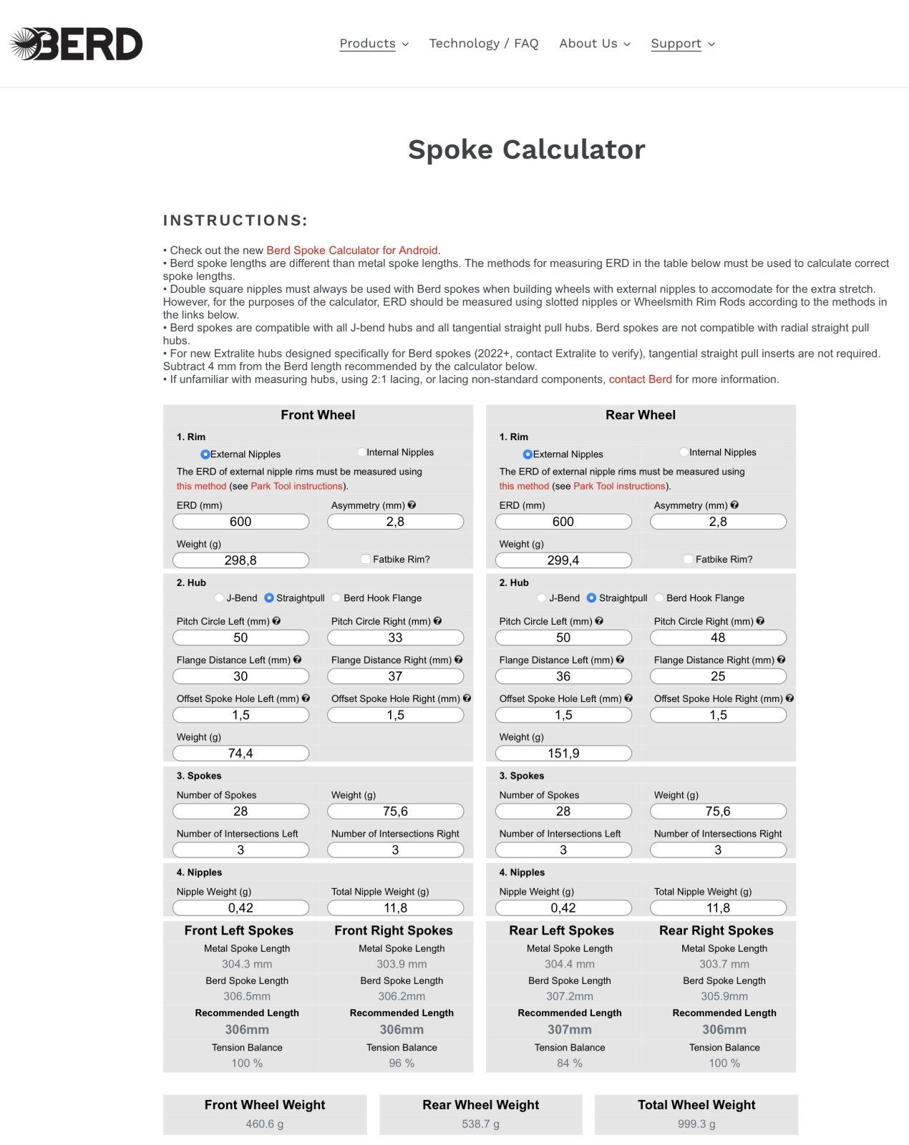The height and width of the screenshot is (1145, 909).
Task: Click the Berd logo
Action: click(x=77, y=44)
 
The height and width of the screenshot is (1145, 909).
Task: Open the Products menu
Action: click(x=374, y=44)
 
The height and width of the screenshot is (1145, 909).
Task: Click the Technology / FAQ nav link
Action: click(x=483, y=44)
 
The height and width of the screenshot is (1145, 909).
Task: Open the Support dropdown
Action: click(x=682, y=44)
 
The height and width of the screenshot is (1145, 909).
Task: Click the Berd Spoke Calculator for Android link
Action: click(x=351, y=250)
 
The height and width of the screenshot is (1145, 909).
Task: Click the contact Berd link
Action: click(x=640, y=379)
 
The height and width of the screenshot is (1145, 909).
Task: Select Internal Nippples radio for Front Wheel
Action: click(x=361, y=452)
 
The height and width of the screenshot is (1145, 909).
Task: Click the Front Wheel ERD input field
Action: click(x=240, y=522)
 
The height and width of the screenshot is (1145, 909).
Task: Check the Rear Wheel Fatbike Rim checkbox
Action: click(x=688, y=560)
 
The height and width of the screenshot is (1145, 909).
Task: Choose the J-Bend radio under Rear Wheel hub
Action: click(x=542, y=598)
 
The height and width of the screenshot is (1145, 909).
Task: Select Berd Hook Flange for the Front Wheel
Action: click(x=336, y=598)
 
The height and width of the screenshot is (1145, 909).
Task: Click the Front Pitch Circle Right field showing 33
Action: click(x=395, y=638)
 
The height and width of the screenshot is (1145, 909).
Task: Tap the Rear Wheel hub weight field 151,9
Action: click(x=563, y=754)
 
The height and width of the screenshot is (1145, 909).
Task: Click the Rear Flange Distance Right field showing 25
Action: click(x=718, y=676)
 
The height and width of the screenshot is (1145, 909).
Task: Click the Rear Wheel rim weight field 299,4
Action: click(x=563, y=560)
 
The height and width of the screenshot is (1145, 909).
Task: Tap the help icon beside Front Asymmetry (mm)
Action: click(x=412, y=505)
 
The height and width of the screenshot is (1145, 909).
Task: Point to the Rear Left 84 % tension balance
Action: click(x=569, y=1063)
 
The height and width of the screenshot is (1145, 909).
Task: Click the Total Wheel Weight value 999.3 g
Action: click(x=696, y=1124)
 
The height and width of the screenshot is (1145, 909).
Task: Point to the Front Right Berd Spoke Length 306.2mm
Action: click(x=402, y=996)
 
